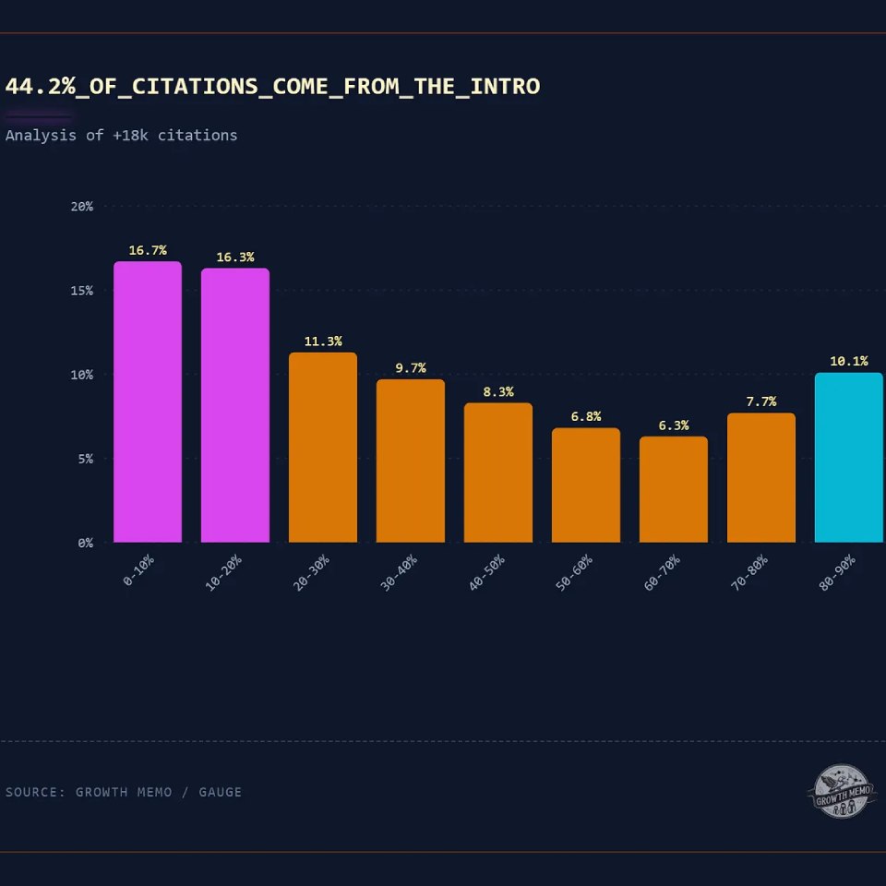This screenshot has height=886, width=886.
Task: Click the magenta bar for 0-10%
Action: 148,401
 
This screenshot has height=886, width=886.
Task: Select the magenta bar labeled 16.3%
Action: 235,405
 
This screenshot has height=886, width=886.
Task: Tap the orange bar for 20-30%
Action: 323,447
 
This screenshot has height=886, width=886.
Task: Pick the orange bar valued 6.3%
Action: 674,489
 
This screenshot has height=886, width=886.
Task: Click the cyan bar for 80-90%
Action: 849,457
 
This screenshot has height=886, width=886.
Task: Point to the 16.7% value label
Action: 148,250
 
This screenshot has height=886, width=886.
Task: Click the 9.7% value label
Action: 411,368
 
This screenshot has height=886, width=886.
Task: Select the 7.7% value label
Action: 761,401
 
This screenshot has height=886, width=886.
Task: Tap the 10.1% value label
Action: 849,361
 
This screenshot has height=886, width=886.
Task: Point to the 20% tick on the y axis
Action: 82,207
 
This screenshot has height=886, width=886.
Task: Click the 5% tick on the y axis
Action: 86,459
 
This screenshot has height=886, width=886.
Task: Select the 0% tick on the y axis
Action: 86,543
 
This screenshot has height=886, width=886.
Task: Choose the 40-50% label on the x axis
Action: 486,573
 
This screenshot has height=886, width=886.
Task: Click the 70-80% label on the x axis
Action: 749,573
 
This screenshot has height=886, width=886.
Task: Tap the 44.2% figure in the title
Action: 40,87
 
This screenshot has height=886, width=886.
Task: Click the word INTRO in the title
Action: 505,87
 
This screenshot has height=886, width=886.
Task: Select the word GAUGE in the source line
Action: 220,792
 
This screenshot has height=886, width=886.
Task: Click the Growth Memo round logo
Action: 842,792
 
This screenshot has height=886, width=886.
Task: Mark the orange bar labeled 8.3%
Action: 498,473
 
